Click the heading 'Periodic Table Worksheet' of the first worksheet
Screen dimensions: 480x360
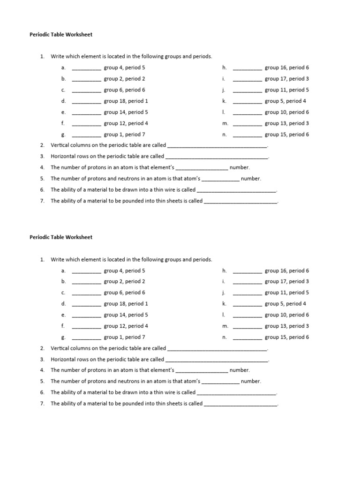(x=61, y=34)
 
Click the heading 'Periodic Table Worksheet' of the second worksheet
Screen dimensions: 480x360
(x=61, y=237)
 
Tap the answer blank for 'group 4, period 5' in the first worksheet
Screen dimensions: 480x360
(x=86, y=68)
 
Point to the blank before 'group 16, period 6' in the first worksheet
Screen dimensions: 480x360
(x=247, y=68)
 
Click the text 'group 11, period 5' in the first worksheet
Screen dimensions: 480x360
(x=286, y=90)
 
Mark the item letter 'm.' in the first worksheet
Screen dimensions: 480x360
(x=225, y=123)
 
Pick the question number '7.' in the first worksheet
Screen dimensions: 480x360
(x=42, y=201)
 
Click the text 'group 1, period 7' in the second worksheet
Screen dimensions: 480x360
(x=124, y=337)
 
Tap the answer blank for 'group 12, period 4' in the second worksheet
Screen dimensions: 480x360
(x=86, y=326)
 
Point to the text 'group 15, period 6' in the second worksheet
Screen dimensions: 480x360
(x=286, y=337)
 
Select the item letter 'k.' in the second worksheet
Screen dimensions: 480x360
(x=225, y=304)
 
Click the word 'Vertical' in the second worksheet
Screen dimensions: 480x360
(x=60, y=348)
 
